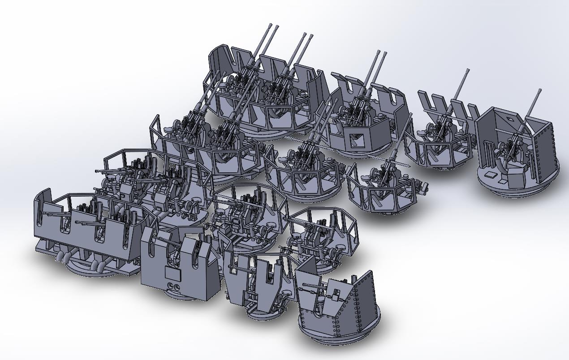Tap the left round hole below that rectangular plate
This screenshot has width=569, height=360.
click(x=171, y=287)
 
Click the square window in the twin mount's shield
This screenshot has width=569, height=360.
click(x=357, y=141)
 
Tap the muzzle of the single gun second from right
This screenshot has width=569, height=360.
click(x=468, y=71)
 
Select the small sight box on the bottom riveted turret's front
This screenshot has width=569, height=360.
click(x=336, y=295)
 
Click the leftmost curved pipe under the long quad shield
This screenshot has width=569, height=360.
click(x=60, y=257)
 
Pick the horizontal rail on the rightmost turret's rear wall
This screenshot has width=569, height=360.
click(x=506, y=132)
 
